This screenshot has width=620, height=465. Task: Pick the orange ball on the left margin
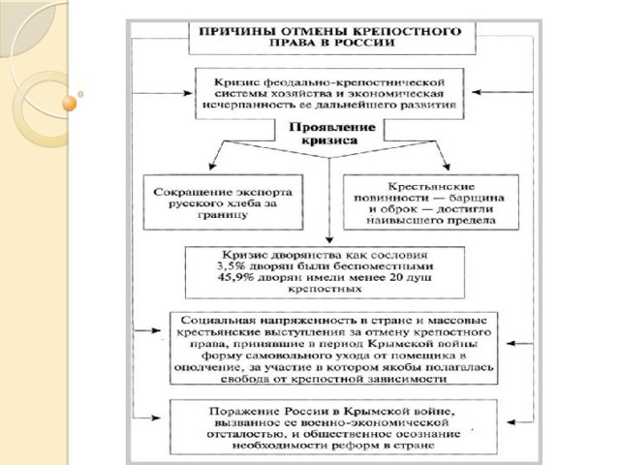[x=69, y=100]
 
